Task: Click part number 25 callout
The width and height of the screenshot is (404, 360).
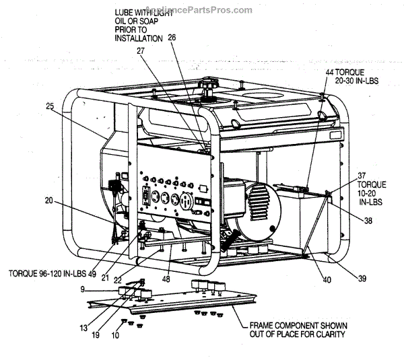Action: [50, 106]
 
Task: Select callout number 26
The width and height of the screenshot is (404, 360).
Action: [172, 38]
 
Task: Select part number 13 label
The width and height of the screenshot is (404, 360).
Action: [115, 335]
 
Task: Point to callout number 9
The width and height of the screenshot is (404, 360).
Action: [81, 290]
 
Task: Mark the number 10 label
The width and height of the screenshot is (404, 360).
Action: [115, 335]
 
